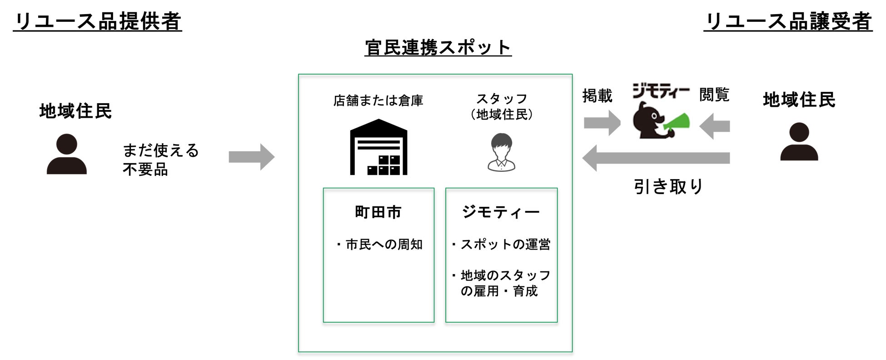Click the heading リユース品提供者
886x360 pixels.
pyautogui.click(x=97, y=21)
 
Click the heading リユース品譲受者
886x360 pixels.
pyautogui.click(x=788, y=21)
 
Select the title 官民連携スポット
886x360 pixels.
pyautogui.click(x=438, y=48)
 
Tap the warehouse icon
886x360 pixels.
pyautogui.click(x=378, y=147)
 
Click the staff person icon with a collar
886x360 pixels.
pyautogui.click(x=501, y=152)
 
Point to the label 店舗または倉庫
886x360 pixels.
pyautogui.click(x=378, y=100)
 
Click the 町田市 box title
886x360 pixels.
pyautogui.click(x=378, y=212)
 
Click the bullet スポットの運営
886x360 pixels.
pyautogui.click(x=502, y=245)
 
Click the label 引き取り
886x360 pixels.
pyautogui.click(x=668, y=186)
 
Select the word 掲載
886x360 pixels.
pyautogui.click(x=597, y=96)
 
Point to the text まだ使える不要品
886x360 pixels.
pyautogui.click(x=160, y=160)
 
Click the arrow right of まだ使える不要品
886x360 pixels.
pyautogui.click(x=251, y=157)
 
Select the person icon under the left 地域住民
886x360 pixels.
pyautogui.click(x=67, y=154)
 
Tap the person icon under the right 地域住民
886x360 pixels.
pyautogui.click(x=799, y=142)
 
